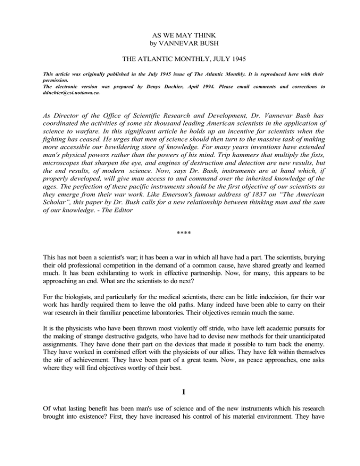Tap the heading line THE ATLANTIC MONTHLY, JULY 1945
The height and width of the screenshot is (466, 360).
180,61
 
